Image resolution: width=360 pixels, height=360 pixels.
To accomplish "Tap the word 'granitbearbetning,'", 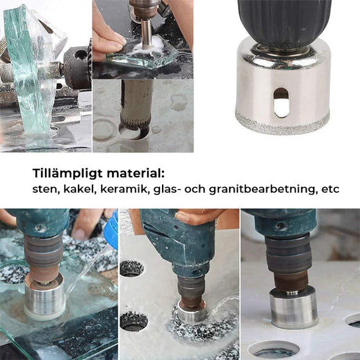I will tap(254, 190).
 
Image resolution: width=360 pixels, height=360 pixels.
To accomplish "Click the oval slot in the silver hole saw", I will tap(281, 103).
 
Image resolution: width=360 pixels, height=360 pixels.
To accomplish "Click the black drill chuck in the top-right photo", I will tap(284, 22).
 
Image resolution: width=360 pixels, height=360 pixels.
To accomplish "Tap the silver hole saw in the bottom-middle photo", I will tap(191, 313).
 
